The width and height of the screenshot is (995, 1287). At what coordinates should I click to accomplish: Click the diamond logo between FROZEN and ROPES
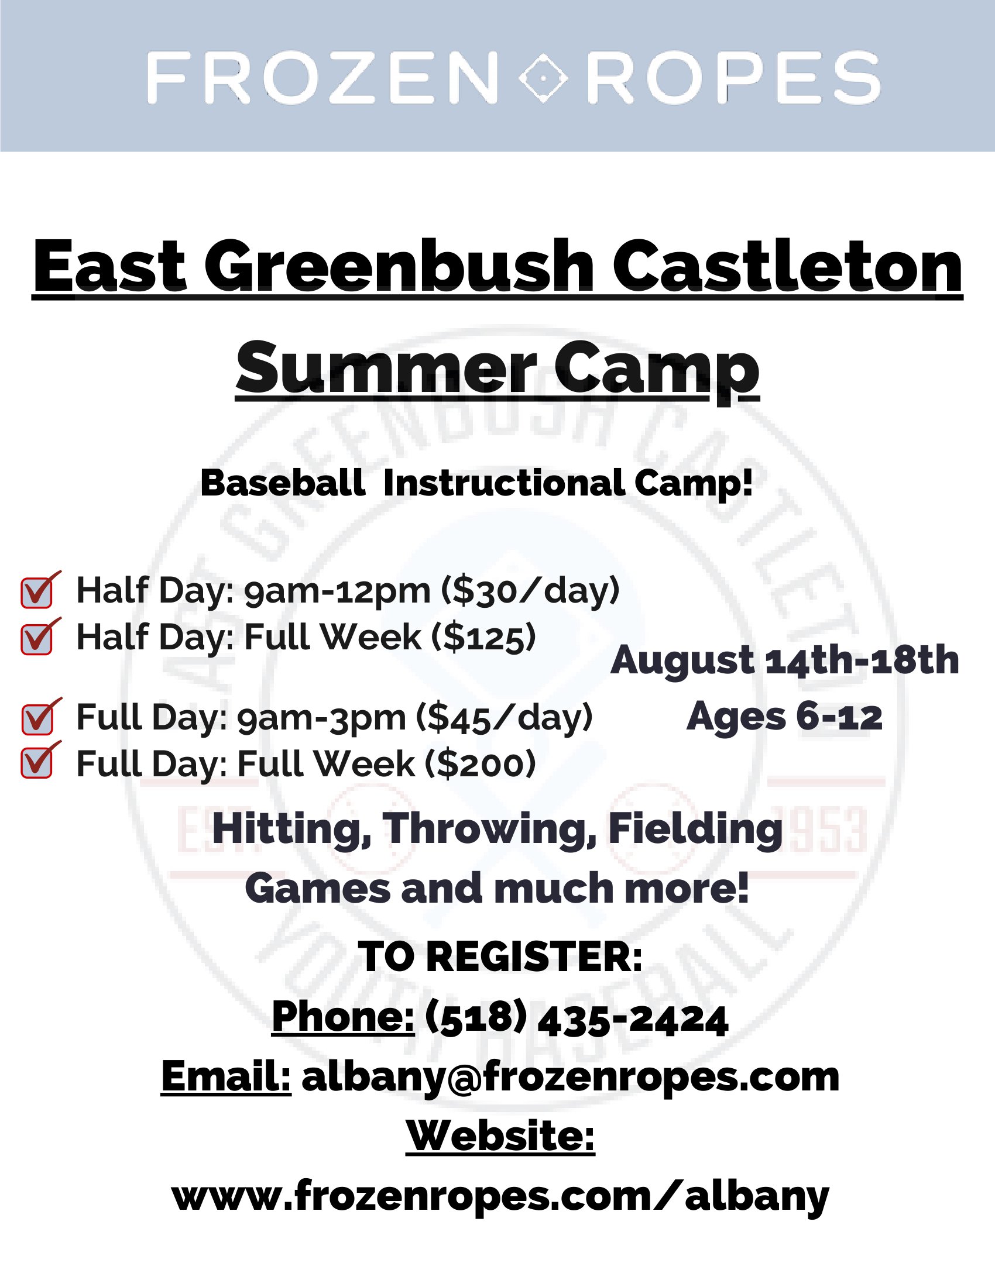click(x=543, y=77)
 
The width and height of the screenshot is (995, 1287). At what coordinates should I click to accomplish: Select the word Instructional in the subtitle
click(x=504, y=483)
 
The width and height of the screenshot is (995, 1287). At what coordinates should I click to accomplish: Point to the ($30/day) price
click(x=530, y=590)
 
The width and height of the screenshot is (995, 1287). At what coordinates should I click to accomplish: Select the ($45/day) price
click(x=504, y=718)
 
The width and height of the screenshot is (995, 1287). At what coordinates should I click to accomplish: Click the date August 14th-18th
click(x=784, y=660)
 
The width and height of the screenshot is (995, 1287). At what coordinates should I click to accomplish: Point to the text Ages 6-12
click(x=784, y=717)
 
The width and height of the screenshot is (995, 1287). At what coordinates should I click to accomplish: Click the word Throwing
click(x=489, y=830)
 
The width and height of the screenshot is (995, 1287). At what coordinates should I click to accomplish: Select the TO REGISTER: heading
click(x=500, y=956)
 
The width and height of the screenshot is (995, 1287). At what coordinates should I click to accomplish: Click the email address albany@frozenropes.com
click(x=571, y=1077)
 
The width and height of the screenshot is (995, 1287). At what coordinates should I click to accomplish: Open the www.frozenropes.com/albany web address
click(x=500, y=1197)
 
